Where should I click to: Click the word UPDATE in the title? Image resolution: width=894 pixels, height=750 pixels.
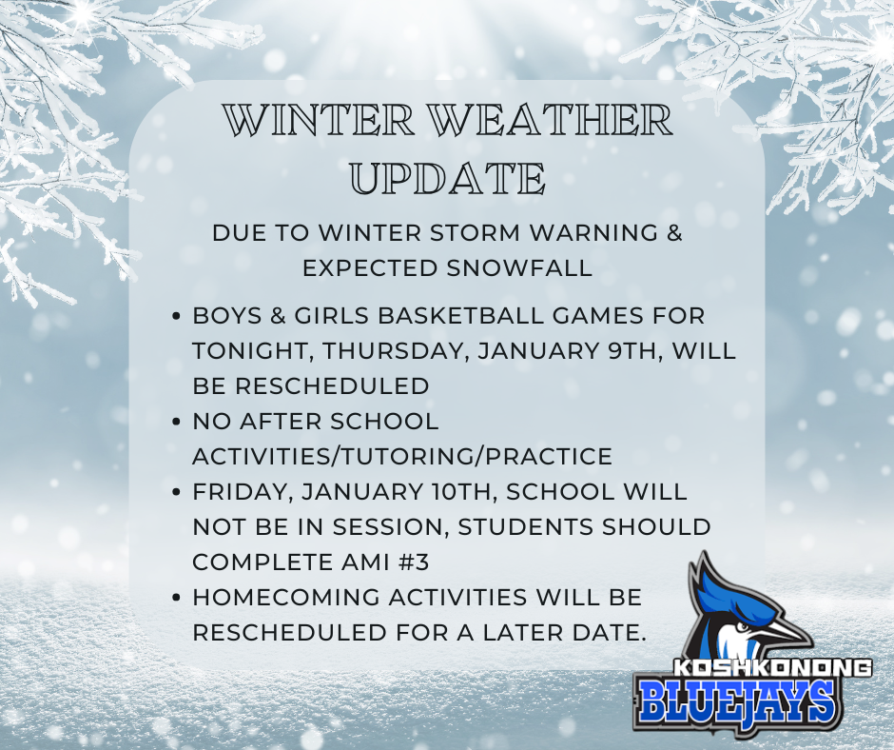pos(446,178)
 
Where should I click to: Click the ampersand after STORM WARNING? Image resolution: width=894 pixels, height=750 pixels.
pos(673,233)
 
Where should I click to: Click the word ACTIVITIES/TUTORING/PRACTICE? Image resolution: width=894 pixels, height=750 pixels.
pos(401,456)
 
